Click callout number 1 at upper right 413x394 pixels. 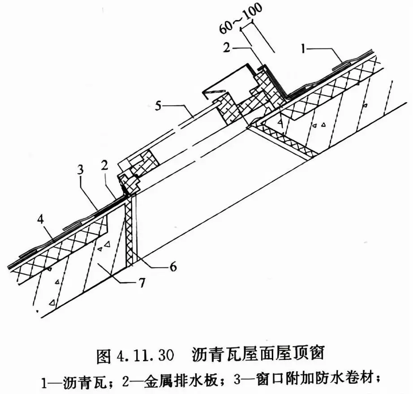point(304,49)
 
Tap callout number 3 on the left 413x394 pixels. point(81,170)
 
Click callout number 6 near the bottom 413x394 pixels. point(173,267)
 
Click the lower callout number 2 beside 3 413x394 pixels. point(104,165)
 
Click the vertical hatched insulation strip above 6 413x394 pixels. point(129,231)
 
